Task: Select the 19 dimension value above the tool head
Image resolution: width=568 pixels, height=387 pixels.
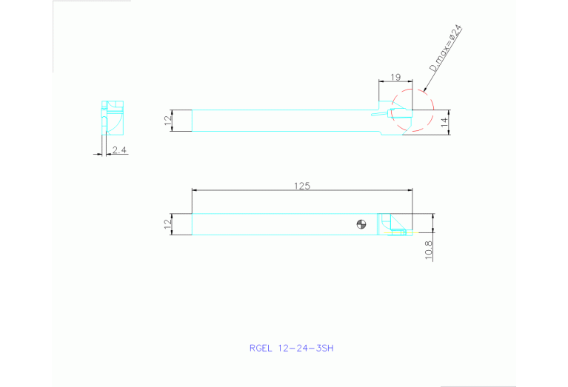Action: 395,76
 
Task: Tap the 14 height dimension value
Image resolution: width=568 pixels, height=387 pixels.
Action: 445,121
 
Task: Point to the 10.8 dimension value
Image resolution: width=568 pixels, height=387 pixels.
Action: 429,250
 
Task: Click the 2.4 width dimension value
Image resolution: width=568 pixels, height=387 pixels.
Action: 118,150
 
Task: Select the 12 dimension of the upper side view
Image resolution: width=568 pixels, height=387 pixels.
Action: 167,120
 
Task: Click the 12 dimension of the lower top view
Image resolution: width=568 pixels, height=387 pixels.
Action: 167,223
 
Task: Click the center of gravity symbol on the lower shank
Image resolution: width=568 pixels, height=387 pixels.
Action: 361,224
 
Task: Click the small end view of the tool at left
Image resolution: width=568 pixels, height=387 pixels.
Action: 113,116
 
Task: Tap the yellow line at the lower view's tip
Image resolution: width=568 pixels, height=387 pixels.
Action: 397,234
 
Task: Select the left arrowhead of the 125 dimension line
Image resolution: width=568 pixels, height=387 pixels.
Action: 195,190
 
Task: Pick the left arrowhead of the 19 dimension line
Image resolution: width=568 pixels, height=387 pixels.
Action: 381,81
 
